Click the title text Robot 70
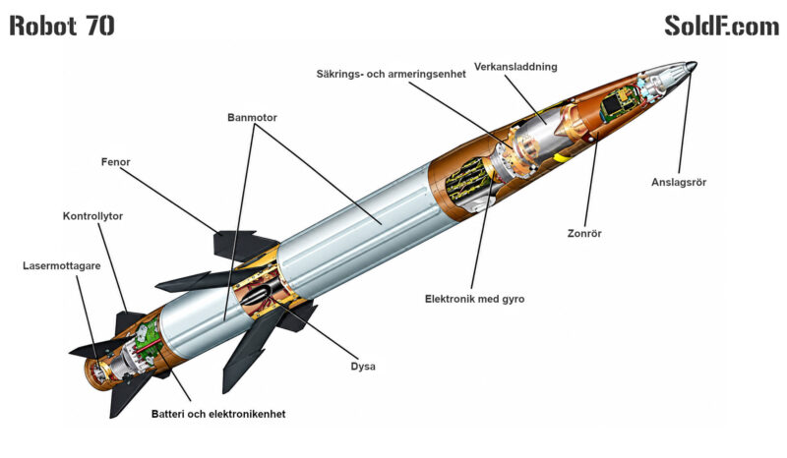[x=62, y=26]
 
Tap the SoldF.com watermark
[x=722, y=26]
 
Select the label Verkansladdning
[x=515, y=67]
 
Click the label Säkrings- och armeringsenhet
[x=391, y=75]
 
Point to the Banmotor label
[x=252, y=117]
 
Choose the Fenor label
[x=115, y=162]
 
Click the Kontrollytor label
[x=92, y=216]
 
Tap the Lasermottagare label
[x=62, y=266]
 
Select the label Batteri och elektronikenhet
[x=218, y=414]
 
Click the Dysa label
[x=363, y=367]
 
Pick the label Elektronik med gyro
[x=475, y=299]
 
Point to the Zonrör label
[x=584, y=233]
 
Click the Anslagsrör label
[x=679, y=182]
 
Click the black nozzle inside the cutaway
[x=259, y=294]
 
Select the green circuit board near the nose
[x=619, y=103]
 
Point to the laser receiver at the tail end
[x=96, y=371]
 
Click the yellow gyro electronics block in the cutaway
[x=467, y=182]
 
